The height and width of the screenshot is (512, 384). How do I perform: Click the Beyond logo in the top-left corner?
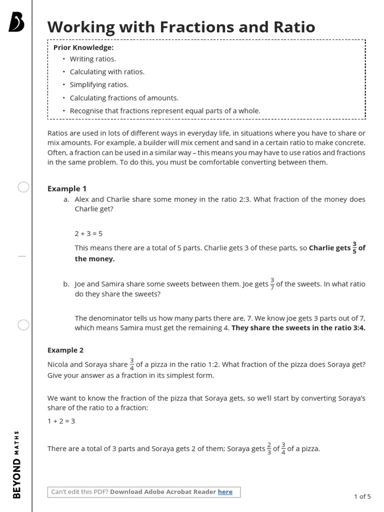16,22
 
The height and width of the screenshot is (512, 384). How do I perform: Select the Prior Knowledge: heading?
83,47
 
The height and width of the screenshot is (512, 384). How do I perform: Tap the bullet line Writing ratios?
92,59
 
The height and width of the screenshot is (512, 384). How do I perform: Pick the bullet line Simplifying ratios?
99,84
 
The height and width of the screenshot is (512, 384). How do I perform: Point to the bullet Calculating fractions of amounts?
124,97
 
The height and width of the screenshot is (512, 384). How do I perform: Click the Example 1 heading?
67,188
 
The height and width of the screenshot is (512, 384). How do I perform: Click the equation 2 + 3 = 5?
88,233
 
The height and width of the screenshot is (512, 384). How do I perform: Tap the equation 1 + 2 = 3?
61,421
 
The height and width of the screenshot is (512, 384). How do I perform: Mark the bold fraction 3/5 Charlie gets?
354,247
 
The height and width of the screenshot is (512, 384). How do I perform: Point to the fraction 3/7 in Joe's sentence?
272,283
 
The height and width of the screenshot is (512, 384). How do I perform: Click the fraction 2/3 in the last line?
269,448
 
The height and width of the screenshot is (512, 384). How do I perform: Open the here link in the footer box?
225,492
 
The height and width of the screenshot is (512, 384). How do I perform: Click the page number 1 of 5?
362,496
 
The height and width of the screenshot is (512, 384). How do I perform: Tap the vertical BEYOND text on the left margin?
17,478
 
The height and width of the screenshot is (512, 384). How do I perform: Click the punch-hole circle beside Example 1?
23,187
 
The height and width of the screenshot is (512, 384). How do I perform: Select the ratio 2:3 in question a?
244,199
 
